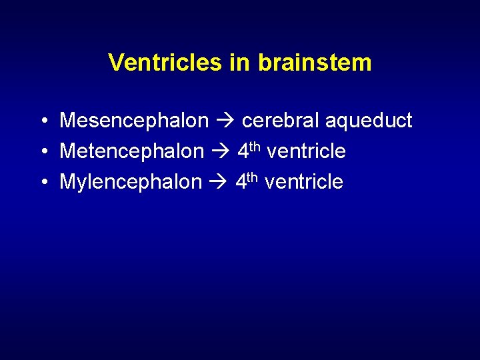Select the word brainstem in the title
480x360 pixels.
pos(314,63)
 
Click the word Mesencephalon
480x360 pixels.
pos(134,121)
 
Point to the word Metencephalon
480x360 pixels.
pos(131,152)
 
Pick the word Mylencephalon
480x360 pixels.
pos(130,182)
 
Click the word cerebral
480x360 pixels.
pos(281,121)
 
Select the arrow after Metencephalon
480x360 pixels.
pos(220,152)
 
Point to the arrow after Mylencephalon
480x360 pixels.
pos(218,182)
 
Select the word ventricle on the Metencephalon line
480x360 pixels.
pos(306,152)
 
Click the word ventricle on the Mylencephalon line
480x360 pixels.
pos(304,182)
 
